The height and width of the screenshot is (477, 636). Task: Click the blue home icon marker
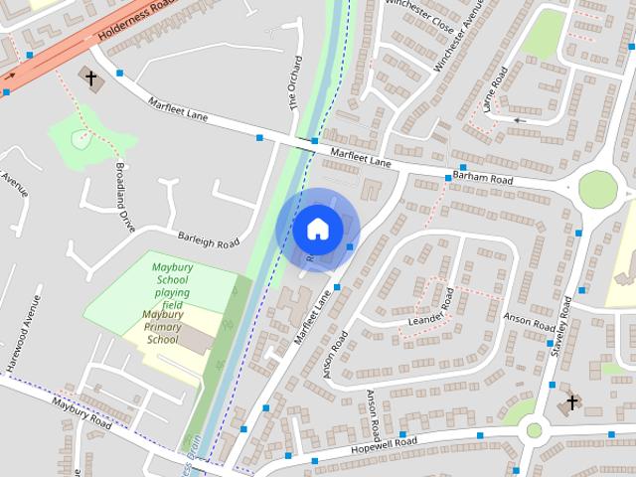pos(317,229)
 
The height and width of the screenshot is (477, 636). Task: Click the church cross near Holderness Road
pos(90,78)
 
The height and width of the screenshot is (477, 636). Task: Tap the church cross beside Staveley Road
pos(571,402)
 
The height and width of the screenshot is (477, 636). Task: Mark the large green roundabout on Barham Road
pos(598,189)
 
